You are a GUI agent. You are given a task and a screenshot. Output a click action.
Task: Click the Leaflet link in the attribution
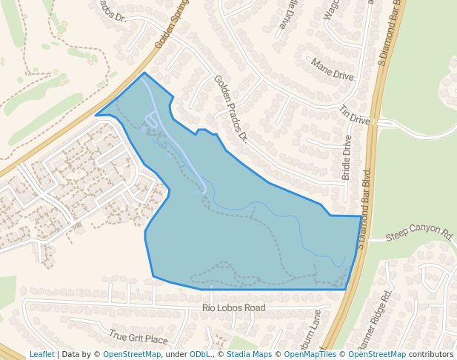(x=41, y=354)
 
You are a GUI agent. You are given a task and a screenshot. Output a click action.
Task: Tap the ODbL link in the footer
(x=199, y=354)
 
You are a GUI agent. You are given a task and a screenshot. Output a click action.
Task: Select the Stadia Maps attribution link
(x=248, y=354)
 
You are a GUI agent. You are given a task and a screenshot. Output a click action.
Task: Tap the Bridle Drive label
(x=347, y=158)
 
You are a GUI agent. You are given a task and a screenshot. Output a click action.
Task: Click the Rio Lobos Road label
(x=233, y=307)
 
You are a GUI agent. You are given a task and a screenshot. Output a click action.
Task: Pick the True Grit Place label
(x=139, y=337)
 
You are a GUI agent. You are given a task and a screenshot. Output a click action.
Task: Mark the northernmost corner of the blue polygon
(x=144, y=73)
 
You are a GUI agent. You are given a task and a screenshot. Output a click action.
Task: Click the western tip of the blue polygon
(x=96, y=116)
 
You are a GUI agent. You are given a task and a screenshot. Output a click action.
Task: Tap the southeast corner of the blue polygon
(x=346, y=289)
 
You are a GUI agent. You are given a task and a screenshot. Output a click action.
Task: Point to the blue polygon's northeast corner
(x=361, y=216)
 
